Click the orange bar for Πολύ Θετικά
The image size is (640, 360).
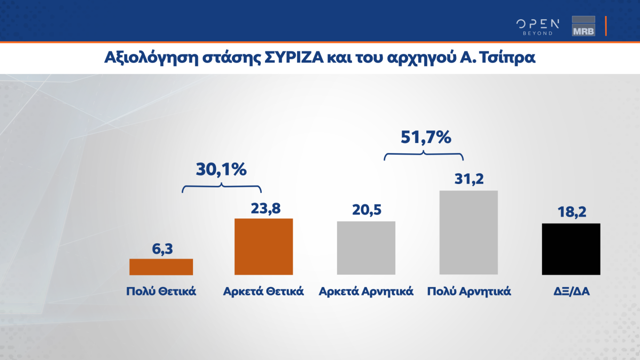point(161,267)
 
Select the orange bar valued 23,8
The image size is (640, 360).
point(264,247)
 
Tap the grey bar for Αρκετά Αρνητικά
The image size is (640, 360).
point(366,248)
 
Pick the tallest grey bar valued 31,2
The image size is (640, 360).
point(468,232)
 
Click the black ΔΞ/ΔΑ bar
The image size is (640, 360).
point(571,249)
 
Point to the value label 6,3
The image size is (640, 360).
point(162,249)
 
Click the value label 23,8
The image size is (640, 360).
point(265,208)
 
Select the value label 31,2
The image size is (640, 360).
point(469,180)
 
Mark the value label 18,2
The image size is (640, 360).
point(571,213)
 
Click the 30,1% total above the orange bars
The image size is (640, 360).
point(221,169)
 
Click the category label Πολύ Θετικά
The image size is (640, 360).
point(161,291)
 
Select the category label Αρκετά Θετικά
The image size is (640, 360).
point(264,291)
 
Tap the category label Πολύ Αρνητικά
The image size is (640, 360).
point(469,291)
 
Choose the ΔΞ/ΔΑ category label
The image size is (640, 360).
point(571,291)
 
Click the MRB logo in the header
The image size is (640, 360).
point(583,26)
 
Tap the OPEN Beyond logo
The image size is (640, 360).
point(537,26)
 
